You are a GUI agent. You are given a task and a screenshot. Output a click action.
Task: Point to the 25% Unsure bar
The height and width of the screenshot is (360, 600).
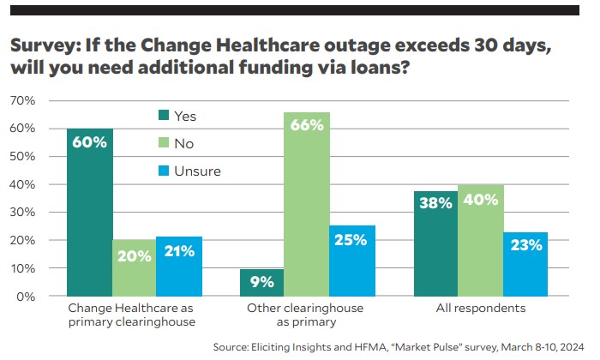point(352,261)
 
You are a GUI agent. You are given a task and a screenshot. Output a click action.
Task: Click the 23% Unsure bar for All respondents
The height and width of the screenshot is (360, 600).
point(525,264)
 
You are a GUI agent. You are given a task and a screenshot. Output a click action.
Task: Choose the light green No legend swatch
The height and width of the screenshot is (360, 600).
point(163,143)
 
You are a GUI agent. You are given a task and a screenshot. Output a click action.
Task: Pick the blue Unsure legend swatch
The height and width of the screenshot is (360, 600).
point(163,171)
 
